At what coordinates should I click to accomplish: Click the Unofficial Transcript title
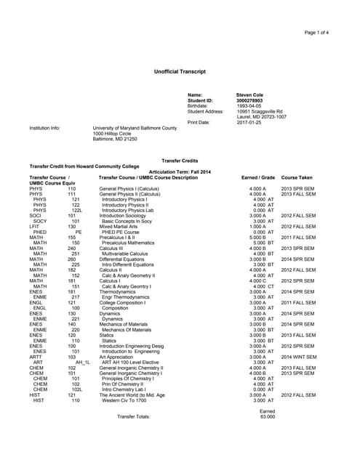pos(180,71)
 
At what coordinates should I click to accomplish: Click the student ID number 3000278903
pos(249,100)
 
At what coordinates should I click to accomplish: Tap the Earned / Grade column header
pos(257,177)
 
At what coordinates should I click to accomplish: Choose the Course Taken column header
pos(297,177)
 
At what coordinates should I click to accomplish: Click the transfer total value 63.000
pos(267,416)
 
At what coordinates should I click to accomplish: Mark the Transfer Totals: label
pos(133,416)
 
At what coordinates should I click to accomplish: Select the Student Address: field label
pos(206,111)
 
